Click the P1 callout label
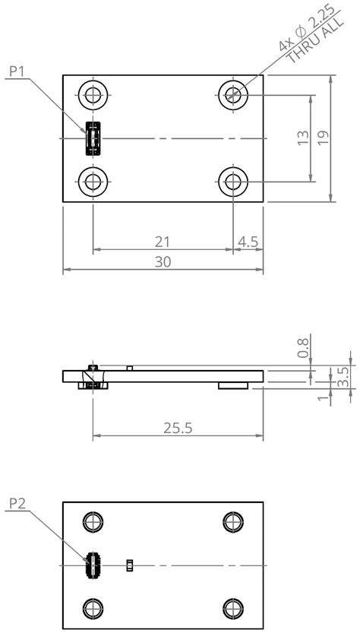tap(17, 71)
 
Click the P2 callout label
tap(17, 504)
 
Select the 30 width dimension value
tap(163, 262)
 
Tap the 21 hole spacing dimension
tap(163, 242)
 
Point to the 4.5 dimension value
tap(248, 242)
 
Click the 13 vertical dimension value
tap(303, 138)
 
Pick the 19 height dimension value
tap(323, 138)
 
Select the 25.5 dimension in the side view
tap(178, 428)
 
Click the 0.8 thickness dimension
tap(303, 348)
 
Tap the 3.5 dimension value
tap(343, 377)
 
